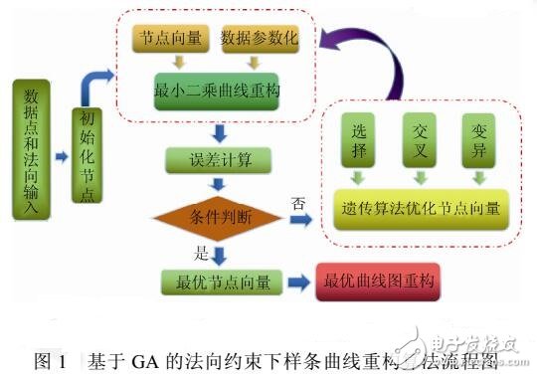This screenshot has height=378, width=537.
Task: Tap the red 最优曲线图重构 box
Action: click(377, 282)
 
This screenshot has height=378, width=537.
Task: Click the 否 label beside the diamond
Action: click(296, 202)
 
